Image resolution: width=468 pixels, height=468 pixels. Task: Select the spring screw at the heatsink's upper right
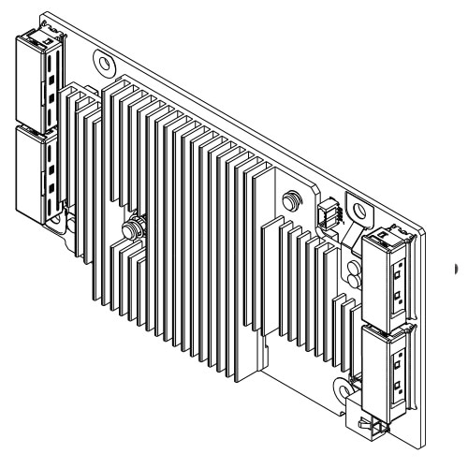point(291,201)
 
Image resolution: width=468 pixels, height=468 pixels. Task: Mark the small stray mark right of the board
point(457,269)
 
